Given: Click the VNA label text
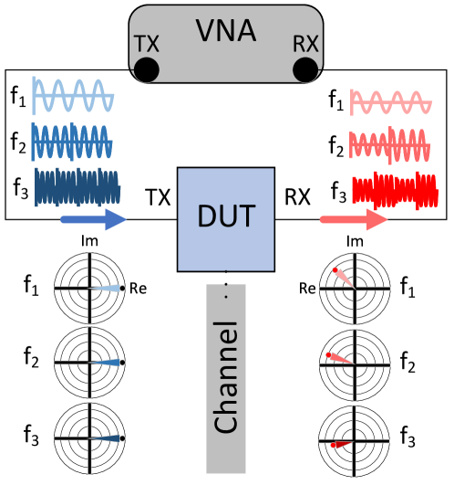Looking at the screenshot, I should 225,31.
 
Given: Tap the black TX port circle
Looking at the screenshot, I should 146,69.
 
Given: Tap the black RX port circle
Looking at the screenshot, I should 305,69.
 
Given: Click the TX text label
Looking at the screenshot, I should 147,44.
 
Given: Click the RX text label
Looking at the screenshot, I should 304,44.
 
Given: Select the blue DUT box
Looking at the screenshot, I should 225,218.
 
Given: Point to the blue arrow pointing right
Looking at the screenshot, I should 93,219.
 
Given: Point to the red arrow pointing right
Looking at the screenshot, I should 354,219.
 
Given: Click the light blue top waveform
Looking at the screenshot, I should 73,93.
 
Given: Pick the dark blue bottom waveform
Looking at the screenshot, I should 77,187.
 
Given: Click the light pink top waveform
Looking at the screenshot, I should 391,103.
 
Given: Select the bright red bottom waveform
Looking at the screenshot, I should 390,189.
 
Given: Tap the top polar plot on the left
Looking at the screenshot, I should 89,288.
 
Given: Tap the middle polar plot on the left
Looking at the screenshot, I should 89,363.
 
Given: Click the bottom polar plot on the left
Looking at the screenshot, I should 89,438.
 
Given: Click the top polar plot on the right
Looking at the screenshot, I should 355,288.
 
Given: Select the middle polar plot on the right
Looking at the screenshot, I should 355,363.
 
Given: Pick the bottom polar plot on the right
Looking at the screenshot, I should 355,438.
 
